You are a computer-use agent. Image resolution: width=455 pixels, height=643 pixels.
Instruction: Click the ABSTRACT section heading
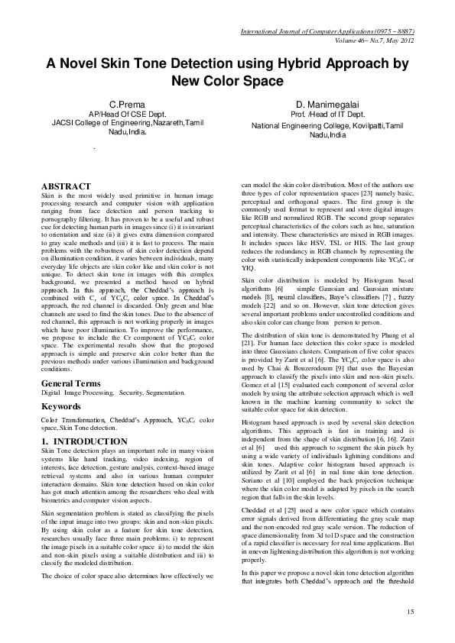click(66, 186)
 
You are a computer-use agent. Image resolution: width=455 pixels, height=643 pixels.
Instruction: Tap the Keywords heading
click(61, 407)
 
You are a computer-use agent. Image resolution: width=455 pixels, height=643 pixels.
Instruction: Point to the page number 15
click(411, 611)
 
